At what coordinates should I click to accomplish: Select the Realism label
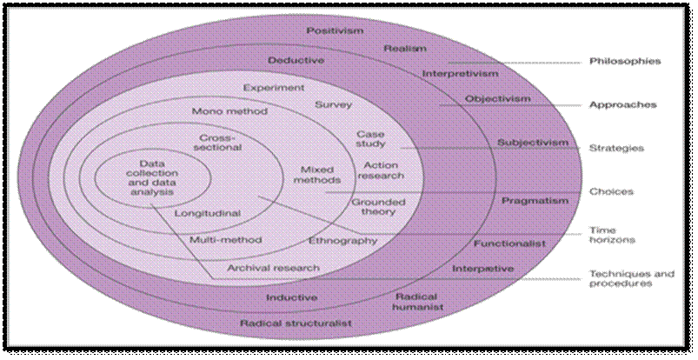click(x=404, y=49)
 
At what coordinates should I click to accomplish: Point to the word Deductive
click(x=296, y=61)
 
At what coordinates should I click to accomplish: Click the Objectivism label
click(x=497, y=99)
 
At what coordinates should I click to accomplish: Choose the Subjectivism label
click(x=533, y=143)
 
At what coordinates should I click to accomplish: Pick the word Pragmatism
click(x=535, y=201)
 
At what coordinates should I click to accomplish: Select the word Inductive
click(x=292, y=297)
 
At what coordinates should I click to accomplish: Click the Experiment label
click(x=274, y=88)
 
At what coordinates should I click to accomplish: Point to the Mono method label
click(x=229, y=112)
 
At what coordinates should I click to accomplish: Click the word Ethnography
click(x=342, y=240)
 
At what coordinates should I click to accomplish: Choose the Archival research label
click(x=273, y=268)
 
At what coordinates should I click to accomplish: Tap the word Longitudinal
click(x=208, y=213)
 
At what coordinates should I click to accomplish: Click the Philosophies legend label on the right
click(x=625, y=62)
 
